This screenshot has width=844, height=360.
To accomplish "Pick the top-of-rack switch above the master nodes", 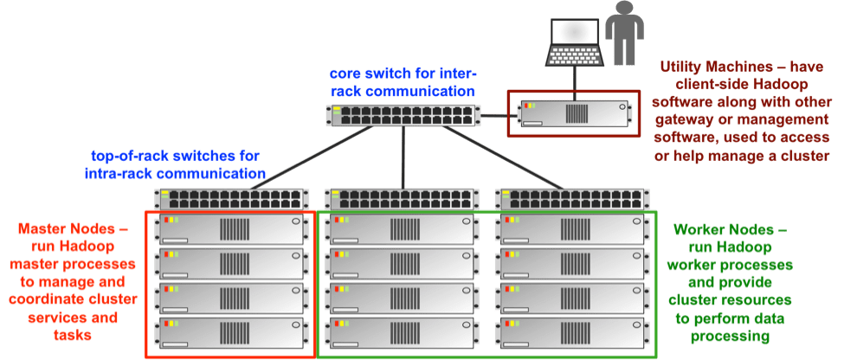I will pos(229,198).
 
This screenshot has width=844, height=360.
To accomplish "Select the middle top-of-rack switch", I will pos(401,198).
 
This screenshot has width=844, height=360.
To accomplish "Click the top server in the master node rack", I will pos(230,229).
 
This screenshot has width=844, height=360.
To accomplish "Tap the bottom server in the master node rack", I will pos(230,333).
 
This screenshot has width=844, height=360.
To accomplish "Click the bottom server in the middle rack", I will pos(400,333).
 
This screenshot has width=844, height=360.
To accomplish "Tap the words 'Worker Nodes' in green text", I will pos(727,229).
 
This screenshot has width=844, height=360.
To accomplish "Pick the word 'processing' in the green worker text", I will pos(729,334).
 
